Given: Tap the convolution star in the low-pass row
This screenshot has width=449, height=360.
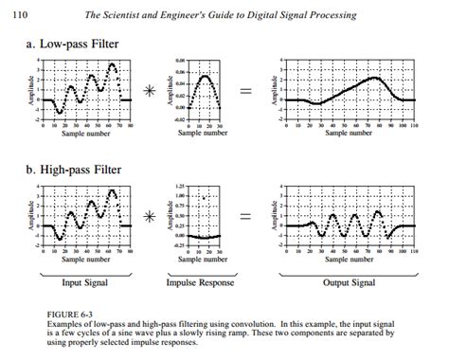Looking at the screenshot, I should pos(149,92).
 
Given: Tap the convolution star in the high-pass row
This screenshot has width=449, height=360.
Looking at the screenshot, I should pos(149,217).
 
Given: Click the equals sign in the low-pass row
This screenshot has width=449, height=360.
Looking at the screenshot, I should pos(245,92).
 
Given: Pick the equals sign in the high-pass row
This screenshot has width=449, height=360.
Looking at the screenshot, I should pos(245,217).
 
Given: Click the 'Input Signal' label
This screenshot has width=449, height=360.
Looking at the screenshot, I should pos(85,282).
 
